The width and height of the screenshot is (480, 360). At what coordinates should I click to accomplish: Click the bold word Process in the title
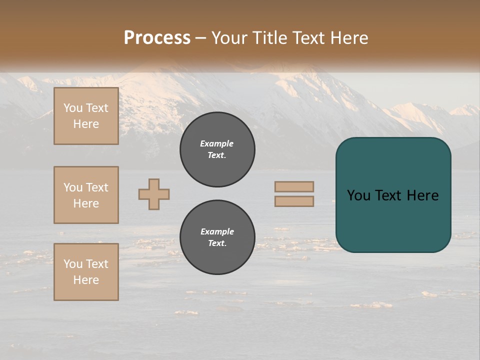[x=157, y=38]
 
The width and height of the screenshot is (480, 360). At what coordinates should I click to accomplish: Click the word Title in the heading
[x=270, y=38]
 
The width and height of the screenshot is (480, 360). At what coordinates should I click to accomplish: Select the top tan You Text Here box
[x=86, y=116]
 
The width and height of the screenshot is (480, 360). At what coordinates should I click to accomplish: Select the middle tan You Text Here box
[x=86, y=195]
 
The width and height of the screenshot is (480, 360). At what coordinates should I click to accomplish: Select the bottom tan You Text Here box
[x=86, y=272]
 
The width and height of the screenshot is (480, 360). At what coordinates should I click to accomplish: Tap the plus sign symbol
[x=154, y=194]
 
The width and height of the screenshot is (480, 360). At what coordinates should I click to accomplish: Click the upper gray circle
[x=217, y=149]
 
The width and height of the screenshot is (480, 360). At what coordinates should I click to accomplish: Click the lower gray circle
[x=217, y=237]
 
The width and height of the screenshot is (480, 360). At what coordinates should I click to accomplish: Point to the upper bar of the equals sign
[x=294, y=186]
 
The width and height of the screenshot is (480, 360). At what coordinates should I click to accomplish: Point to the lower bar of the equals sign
[x=294, y=201]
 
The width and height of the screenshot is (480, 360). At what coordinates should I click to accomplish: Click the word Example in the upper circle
[x=217, y=143]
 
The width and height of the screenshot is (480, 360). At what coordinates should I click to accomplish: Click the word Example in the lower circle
[x=217, y=231]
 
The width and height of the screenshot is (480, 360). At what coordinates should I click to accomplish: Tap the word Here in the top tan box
[x=86, y=124]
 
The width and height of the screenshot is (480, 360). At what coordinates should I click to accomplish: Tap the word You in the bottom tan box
[x=73, y=264]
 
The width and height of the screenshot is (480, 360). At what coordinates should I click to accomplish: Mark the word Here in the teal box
[x=423, y=195]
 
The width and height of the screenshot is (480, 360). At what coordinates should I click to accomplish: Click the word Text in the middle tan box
[x=97, y=187]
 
